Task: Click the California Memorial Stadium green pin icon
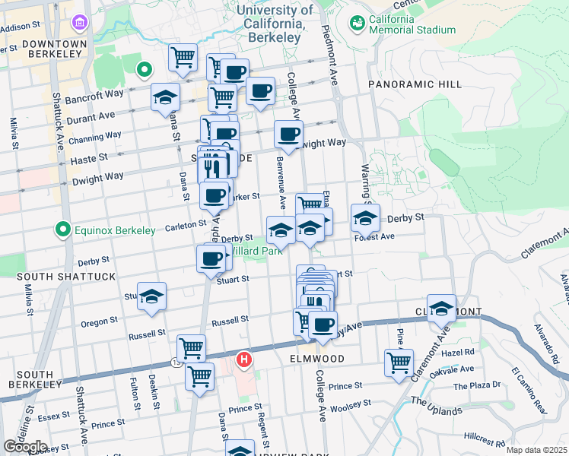[356, 23]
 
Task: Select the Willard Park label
[255, 250]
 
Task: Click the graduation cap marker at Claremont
[441, 308]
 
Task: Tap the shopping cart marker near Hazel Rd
[399, 362]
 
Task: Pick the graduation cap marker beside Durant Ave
[164, 97]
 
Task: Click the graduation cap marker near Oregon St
[151, 296]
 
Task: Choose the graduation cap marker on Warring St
[365, 217]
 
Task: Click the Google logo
[25, 446]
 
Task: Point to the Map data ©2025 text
[536, 450]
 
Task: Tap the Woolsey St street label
[351, 404]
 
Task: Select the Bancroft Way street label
[104, 93]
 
